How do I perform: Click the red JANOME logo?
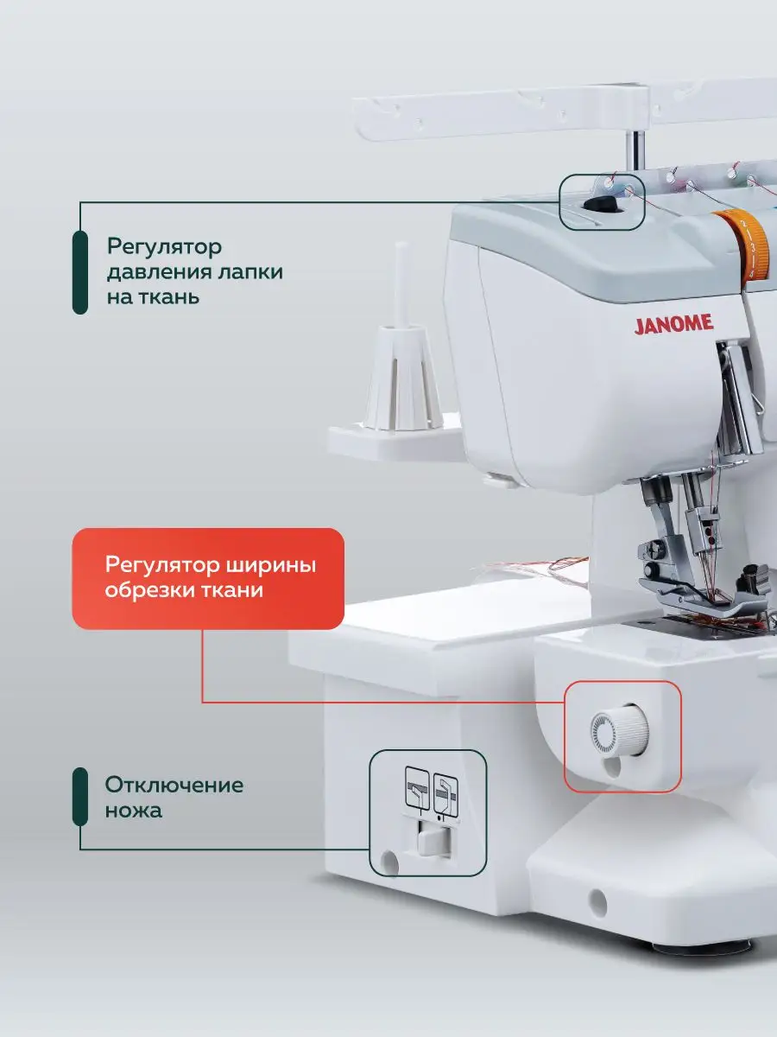(x=673, y=324)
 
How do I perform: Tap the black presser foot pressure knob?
(x=601, y=205)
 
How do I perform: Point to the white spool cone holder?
(x=402, y=377)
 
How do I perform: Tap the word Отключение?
(x=174, y=785)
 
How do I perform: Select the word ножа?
(x=134, y=811)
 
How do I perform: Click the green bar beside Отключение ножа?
(x=80, y=797)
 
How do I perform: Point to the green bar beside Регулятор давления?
(x=80, y=272)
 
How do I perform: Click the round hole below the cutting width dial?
(x=612, y=766)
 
